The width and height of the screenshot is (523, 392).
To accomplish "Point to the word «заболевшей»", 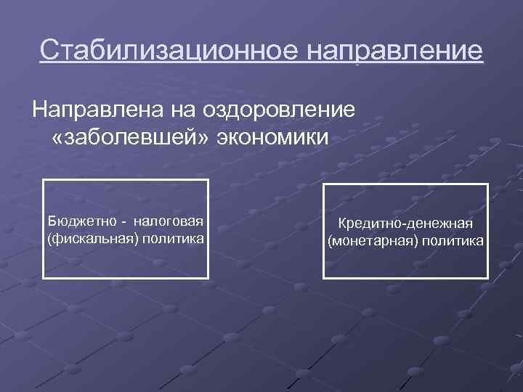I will click(x=131, y=137).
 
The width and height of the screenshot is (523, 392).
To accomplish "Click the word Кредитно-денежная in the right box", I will click(x=405, y=224).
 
